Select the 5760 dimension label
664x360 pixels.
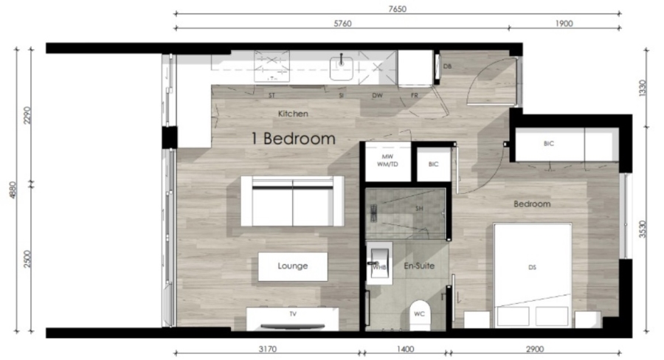(x=341, y=24)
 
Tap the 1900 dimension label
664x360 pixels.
(x=564, y=24)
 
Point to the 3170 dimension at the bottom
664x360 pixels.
(x=267, y=349)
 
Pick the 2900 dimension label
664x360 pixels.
(x=535, y=349)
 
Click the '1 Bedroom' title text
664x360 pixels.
(x=293, y=138)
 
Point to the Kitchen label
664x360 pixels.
(x=293, y=114)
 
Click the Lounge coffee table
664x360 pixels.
(x=293, y=266)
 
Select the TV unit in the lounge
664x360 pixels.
(x=293, y=318)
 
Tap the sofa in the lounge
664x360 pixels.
(x=293, y=201)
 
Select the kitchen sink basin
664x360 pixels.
(x=342, y=71)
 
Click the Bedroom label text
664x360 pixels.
(x=533, y=204)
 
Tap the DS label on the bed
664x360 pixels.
(x=532, y=268)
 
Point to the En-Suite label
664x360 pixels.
(x=419, y=266)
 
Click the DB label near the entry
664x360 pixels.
(x=447, y=66)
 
